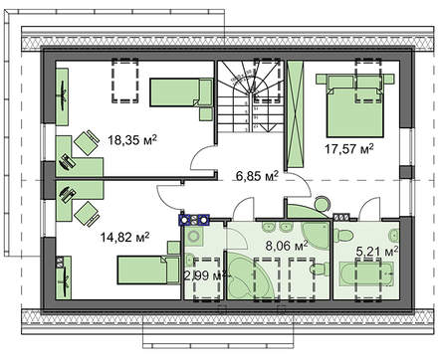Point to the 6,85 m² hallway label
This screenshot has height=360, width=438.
pyautogui.click(x=255, y=179)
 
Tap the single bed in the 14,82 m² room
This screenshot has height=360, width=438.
pyautogui.click(x=146, y=270)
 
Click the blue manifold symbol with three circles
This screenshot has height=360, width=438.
pyautogui.click(x=192, y=219)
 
